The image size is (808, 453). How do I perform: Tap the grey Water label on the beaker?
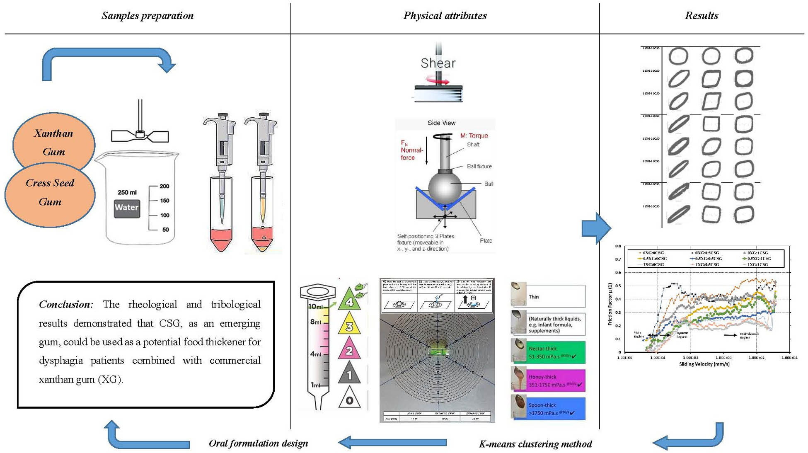click(127, 208)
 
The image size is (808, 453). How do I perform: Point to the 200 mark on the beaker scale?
click(164, 186)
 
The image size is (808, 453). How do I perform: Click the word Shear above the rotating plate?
click(438, 63)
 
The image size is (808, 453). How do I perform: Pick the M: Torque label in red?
click(474, 136)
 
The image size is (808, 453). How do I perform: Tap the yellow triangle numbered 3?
click(349, 325)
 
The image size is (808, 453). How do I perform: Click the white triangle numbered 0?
click(349, 399)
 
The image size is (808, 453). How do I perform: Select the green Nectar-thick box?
click(556, 352)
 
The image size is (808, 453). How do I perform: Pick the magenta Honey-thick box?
click(556, 380)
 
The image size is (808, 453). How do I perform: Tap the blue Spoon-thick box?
click(556, 409)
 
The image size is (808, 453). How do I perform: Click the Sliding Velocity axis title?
click(704, 364)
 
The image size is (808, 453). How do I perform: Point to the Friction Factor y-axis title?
click(610, 304)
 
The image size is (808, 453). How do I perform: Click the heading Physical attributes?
click(445, 16)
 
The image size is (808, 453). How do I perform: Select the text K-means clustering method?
click(535, 444)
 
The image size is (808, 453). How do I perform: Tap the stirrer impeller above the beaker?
click(140, 135)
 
